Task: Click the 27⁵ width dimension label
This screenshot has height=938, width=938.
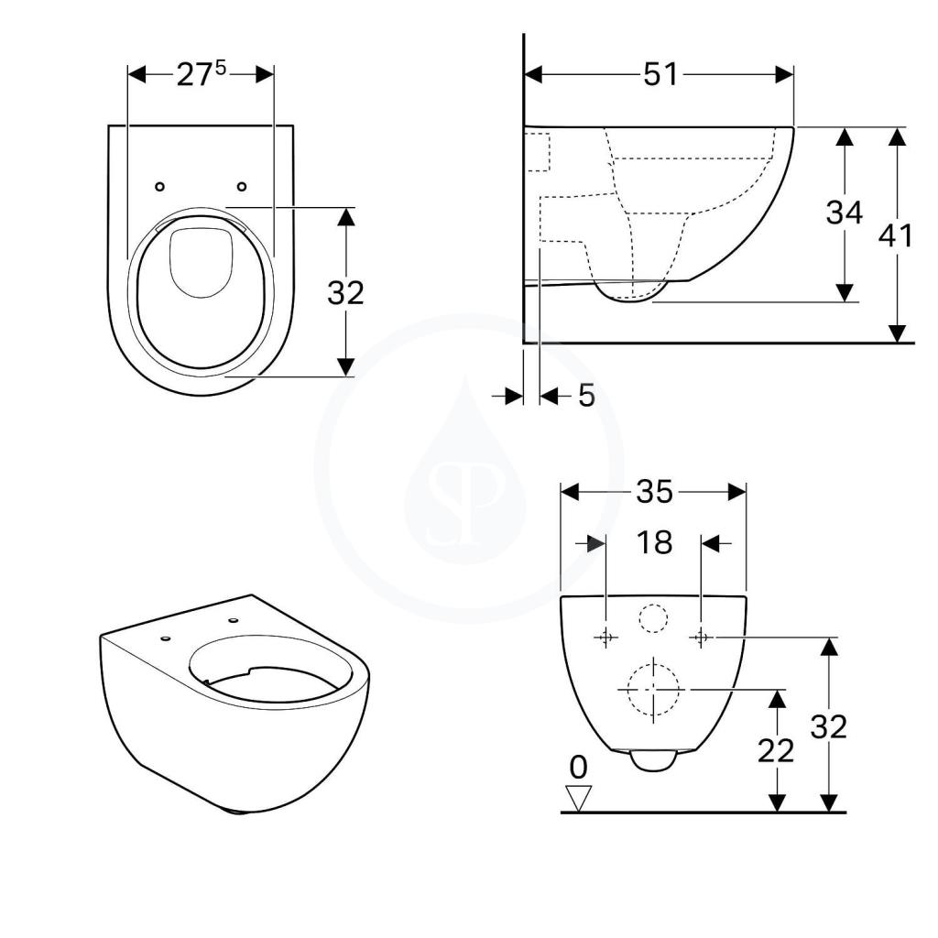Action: [202, 74]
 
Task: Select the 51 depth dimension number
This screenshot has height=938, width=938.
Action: [661, 75]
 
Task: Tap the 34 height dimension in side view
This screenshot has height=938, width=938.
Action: [844, 213]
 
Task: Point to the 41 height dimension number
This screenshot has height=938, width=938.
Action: [896, 235]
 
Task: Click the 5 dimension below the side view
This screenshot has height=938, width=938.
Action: [587, 396]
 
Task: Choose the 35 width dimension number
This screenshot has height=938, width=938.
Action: [654, 492]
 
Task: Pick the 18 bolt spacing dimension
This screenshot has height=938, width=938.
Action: [654, 542]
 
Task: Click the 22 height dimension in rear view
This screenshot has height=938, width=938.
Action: [776, 751]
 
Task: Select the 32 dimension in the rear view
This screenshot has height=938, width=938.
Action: [828, 727]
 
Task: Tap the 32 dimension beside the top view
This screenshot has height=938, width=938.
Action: [345, 293]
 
